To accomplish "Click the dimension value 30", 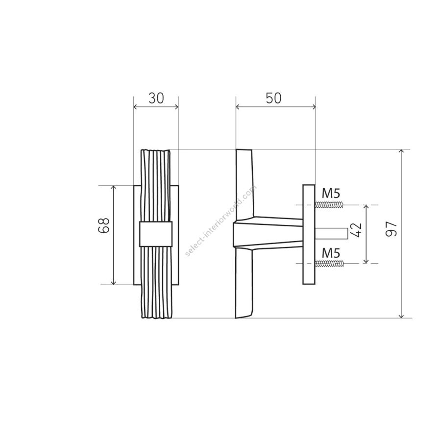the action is pyautogui.click(x=156, y=98).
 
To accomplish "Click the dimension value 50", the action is pyautogui.click(x=273, y=98).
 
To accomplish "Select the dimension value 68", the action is pyautogui.click(x=103, y=225).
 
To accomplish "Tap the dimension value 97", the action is pyautogui.click(x=391, y=229).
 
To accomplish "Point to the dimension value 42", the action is pyautogui.click(x=356, y=230).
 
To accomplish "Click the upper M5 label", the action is pyautogui.click(x=331, y=193).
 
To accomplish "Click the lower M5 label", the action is pyautogui.click(x=331, y=253).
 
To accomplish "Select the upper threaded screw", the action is pyautogui.click(x=329, y=205).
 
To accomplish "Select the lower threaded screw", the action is pyautogui.click(x=329, y=263).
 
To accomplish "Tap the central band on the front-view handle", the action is pyautogui.click(x=156, y=234).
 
